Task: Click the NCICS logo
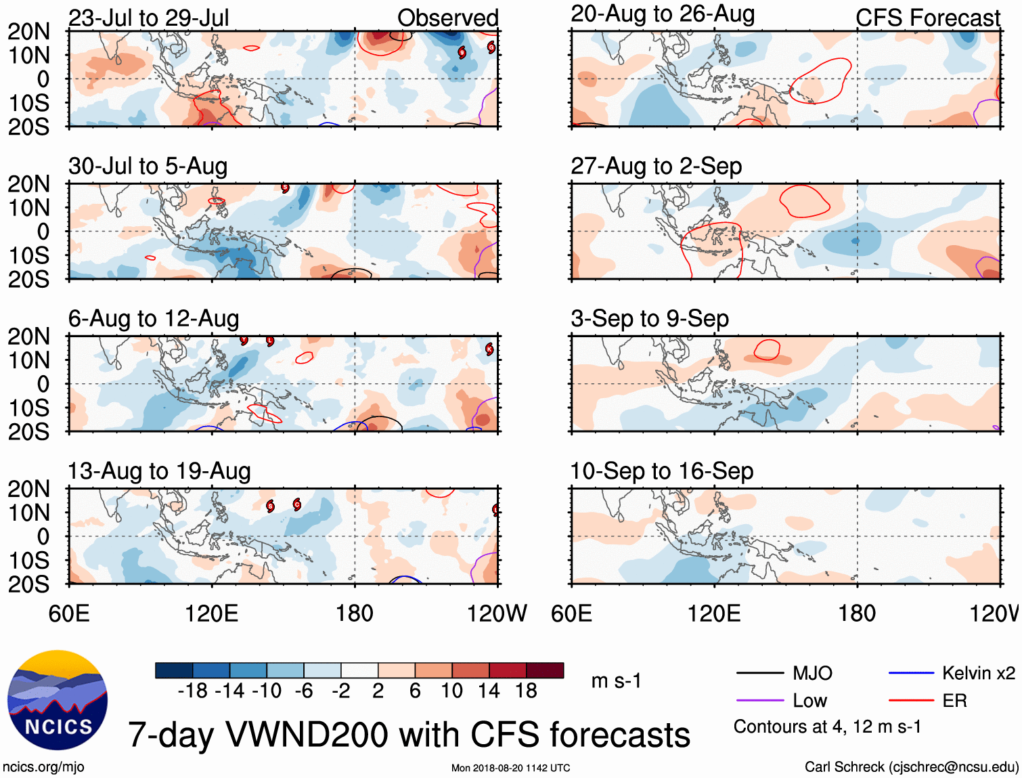point(58,700)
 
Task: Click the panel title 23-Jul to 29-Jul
point(148,18)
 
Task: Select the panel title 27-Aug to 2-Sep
point(656,166)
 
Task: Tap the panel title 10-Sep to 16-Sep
point(661,471)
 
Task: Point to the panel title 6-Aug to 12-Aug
point(154,319)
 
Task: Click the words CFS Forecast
point(927,18)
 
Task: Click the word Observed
point(447,18)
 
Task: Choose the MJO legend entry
point(812,673)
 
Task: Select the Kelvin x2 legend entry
point(978,673)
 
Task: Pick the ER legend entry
point(954,701)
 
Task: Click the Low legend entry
point(809,701)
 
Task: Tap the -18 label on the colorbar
point(192,691)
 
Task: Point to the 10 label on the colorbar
point(451,691)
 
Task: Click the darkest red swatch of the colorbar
point(545,670)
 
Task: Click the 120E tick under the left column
point(212,613)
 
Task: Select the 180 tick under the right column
point(857,613)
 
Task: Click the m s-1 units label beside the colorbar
point(616,680)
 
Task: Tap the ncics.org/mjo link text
point(43,767)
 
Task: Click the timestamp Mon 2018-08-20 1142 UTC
point(510,768)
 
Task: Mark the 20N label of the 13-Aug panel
point(28,489)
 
